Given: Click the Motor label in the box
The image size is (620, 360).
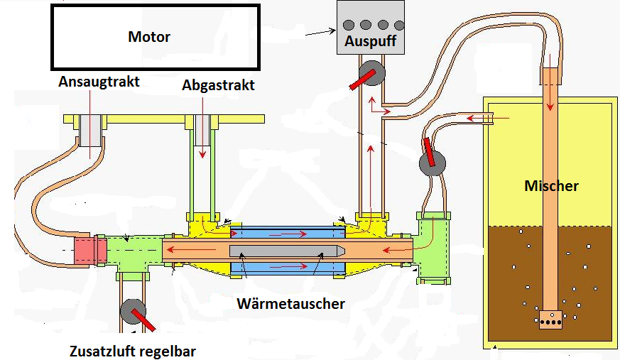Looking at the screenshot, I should [149, 36].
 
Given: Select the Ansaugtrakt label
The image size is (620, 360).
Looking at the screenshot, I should [99, 82].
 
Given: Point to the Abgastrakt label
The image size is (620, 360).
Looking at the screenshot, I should [218, 85].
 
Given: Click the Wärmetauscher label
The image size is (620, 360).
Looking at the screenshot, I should [290, 304].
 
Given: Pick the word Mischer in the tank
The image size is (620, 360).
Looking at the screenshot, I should [551, 186].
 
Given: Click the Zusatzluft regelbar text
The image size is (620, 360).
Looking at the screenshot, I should [133, 351].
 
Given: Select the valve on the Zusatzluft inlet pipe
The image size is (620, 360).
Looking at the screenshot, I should [132, 312].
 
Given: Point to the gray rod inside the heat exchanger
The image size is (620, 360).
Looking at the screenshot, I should [288, 251].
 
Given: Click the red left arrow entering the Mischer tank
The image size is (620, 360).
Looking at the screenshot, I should [496, 118].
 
